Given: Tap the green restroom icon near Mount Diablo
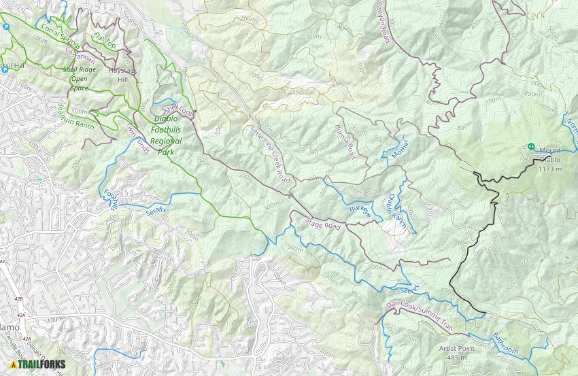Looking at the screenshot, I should [530, 146].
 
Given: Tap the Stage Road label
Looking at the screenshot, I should [322, 222].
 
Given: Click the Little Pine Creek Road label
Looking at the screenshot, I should [271, 154].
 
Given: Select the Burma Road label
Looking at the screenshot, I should [345, 142].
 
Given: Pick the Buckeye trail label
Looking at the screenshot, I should [361, 212].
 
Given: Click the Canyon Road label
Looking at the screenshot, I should [384, 21].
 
